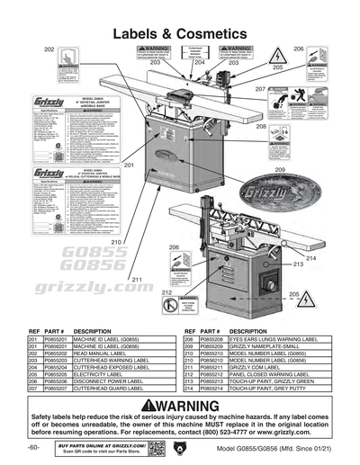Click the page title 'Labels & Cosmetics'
[180, 32]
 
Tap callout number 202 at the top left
[49, 48]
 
